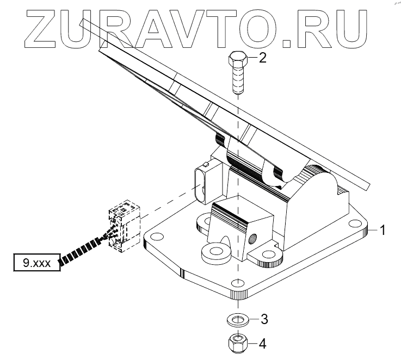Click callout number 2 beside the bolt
coord(262,58)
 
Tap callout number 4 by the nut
coord(262,343)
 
